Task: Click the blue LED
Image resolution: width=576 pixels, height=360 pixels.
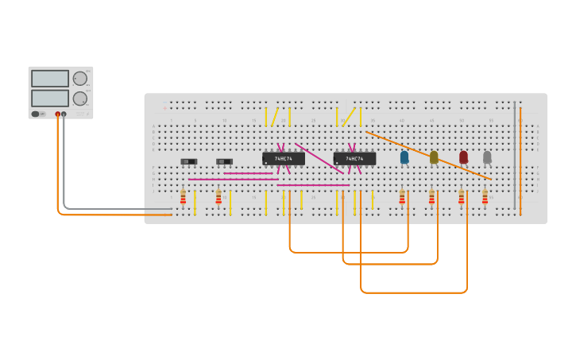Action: [x=404, y=157]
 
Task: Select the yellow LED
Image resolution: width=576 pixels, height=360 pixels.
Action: [x=434, y=157]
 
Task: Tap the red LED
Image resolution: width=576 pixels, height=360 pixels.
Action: [x=463, y=157]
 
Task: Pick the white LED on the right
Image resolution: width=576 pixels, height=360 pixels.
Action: [x=487, y=157]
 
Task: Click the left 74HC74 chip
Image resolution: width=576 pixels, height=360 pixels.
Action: [x=284, y=159]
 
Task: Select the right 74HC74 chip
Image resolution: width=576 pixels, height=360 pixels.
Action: [x=354, y=159]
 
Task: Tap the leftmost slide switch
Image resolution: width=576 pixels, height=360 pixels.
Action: [x=188, y=161]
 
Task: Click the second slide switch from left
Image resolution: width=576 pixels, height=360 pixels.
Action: [x=224, y=161]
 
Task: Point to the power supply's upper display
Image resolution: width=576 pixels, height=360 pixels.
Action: [x=50, y=79]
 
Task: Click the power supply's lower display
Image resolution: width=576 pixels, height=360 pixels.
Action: [x=50, y=98]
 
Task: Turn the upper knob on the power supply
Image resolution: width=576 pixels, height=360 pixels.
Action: [x=79, y=78]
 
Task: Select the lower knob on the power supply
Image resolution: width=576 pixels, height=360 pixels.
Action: [x=79, y=99]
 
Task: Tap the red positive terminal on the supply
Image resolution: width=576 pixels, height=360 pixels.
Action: [x=57, y=114]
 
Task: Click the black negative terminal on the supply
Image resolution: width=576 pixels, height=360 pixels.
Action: [x=64, y=114]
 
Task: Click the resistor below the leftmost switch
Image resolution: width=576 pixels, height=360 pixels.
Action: [x=183, y=196]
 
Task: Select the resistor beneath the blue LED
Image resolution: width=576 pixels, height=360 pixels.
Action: [x=402, y=196]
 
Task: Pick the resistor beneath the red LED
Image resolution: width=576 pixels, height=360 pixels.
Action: [x=461, y=196]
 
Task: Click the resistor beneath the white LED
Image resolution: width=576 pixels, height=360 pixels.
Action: [x=485, y=196]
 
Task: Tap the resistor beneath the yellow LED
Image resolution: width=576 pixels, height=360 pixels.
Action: [x=431, y=196]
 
